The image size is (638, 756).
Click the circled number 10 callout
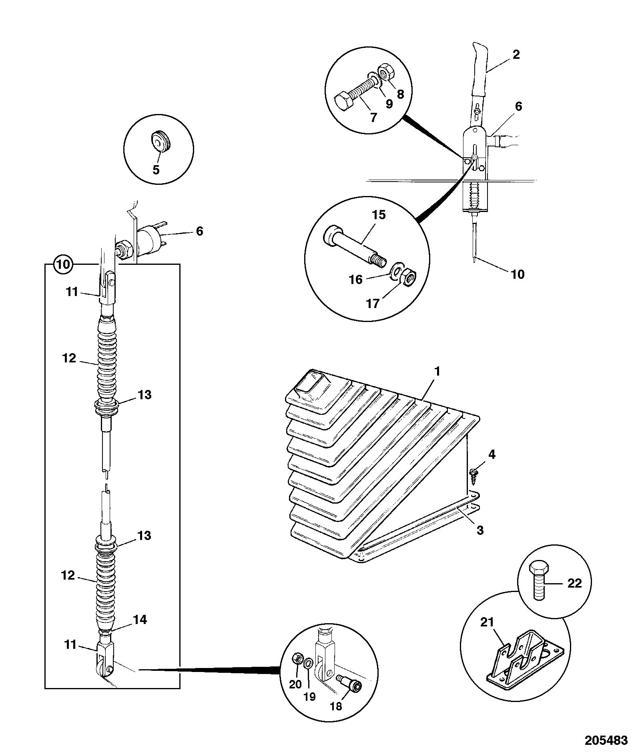[x=64, y=264]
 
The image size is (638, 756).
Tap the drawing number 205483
[x=606, y=740]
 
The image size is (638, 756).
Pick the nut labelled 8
[x=387, y=71]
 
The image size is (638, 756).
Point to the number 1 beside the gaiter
[x=437, y=371]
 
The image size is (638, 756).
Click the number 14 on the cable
[x=140, y=620]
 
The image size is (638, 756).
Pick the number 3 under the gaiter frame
[x=480, y=530]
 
